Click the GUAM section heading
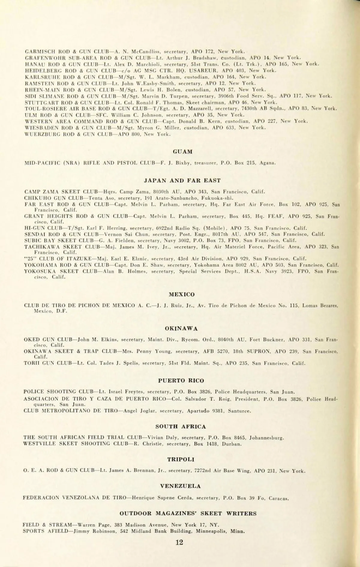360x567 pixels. (x=183, y=152)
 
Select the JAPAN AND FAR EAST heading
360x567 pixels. (x=182, y=180)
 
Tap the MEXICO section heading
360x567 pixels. (x=181, y=294)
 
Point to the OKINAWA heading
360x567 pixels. (x=181, y=328)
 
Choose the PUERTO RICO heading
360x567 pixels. (x=181, y=381)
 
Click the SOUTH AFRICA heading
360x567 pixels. (x=181, y=427)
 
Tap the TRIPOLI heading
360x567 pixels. (x=181, y=459)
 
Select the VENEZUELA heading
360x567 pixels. (x=180, y=486)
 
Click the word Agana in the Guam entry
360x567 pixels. (x=268, y=163)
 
